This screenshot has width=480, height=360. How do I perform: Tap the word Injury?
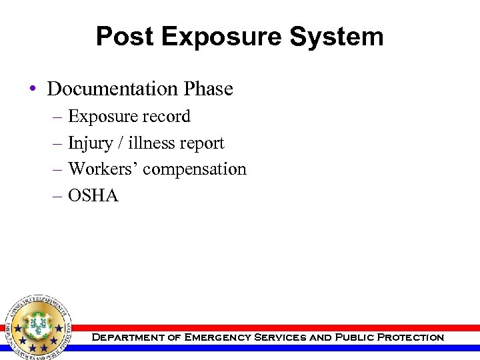[90, 143]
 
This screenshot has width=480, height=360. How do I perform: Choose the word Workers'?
[103, 169]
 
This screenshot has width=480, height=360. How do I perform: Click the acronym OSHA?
[93, 196]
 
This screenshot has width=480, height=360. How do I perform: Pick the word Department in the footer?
[127, 337]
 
